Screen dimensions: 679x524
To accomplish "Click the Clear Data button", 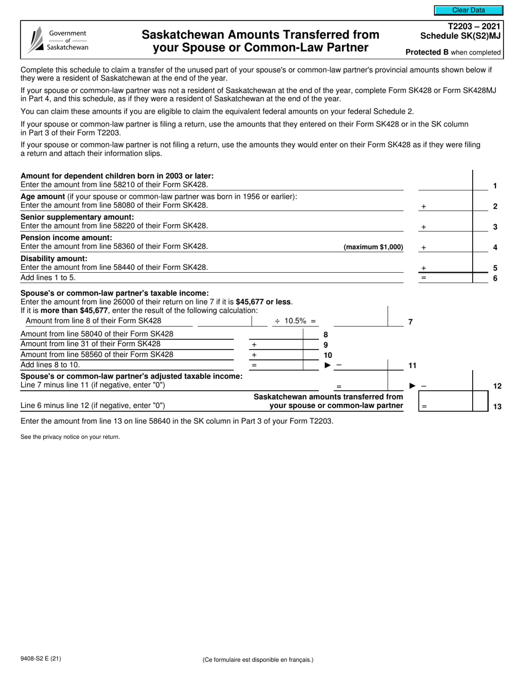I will pos(468,10).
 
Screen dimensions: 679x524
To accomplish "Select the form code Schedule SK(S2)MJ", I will pos(461,36).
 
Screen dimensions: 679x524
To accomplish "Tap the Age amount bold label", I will pos(43,197).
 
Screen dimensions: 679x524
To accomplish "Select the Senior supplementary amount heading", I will pos(77,217).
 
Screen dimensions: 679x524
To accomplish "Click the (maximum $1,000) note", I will pos(373,247).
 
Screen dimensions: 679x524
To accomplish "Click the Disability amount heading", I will pos(54,258).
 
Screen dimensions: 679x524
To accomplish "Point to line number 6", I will pos(495,278).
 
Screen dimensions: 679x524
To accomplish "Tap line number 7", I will pos(410,322).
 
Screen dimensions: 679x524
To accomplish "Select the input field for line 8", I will pos(276,333).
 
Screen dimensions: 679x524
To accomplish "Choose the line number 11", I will pos(411,365).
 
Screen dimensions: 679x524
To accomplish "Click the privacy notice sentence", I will pos(70,437).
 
